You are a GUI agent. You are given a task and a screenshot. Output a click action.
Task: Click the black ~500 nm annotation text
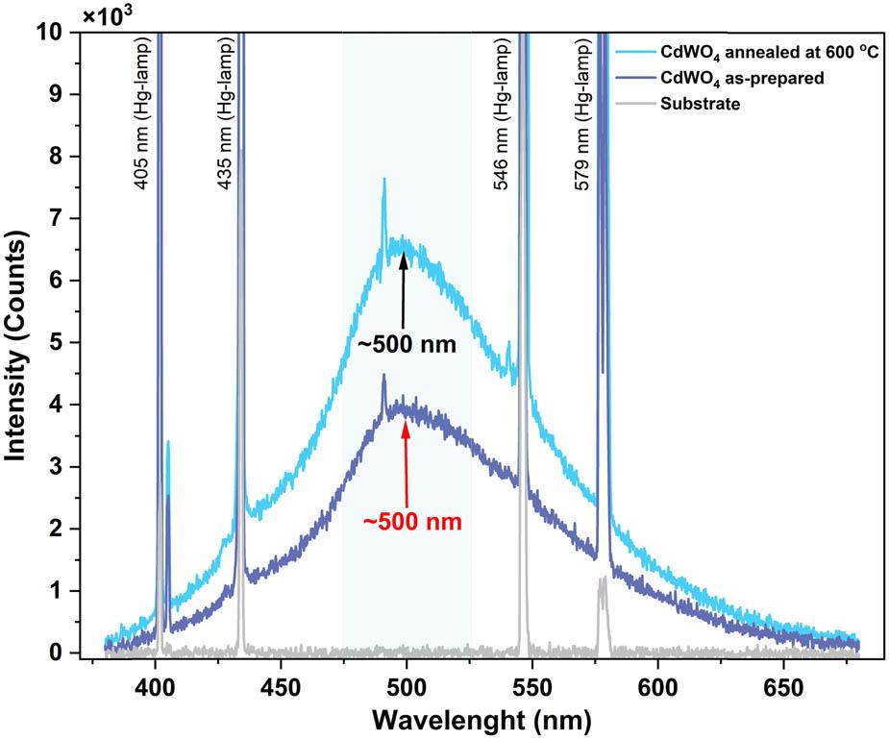[400, 343]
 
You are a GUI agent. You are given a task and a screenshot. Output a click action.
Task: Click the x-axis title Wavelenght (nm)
[483, 719]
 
